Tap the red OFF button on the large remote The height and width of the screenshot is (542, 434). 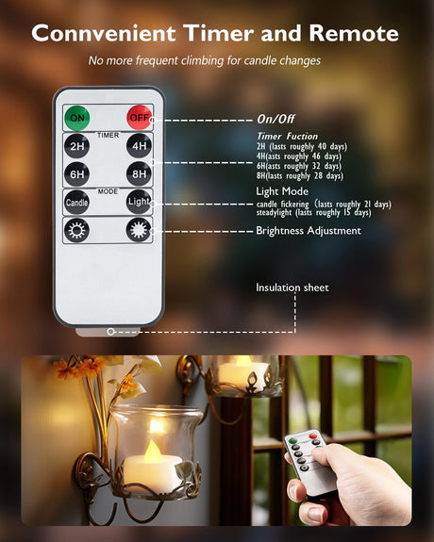(139, 118)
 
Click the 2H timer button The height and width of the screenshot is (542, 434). (76, 146)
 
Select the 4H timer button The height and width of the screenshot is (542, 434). (139, 146)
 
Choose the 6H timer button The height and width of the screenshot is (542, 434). (76, 173)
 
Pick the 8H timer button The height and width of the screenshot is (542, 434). (139, 173)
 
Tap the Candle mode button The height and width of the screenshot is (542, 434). (76, 203)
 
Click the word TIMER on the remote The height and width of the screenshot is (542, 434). (108, 135)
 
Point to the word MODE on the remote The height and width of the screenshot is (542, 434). (108, 191)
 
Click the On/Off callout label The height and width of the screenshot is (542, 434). (275, 120)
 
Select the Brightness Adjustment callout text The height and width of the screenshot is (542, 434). (309, 231)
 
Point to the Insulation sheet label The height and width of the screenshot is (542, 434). (292, 287)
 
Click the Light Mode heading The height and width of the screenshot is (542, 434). (282, 191)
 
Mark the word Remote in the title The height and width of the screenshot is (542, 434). (354, 34)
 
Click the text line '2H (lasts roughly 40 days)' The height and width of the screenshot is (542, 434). (302, 146)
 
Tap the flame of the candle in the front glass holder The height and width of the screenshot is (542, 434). (152, 452)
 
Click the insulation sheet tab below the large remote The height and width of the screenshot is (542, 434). (108, 332)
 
